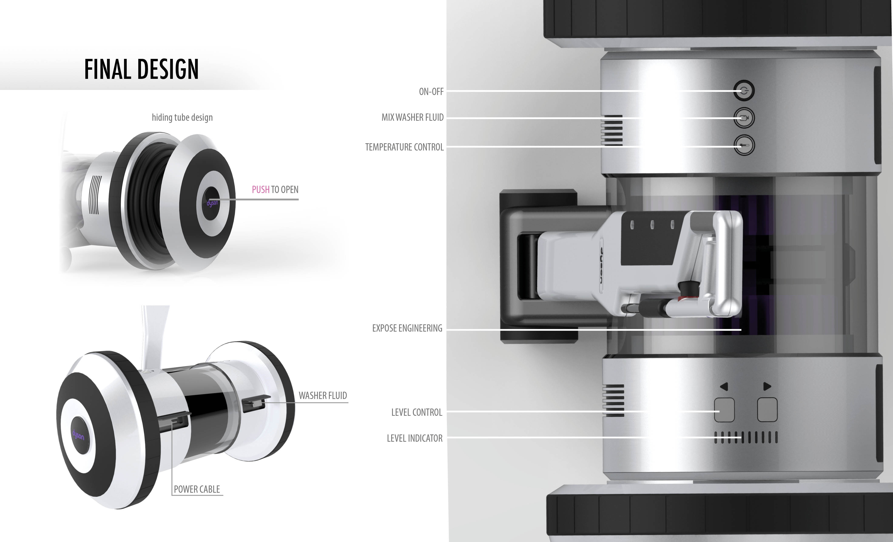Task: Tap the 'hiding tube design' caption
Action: coord(182,117)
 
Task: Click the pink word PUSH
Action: coord(261,189)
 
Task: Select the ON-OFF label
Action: coord(431,92)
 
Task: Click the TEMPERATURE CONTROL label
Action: coord(404,147)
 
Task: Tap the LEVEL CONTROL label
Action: coord(417,412)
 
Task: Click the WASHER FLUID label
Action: coord(323,396)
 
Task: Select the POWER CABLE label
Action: coord(197,489)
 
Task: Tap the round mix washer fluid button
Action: coord(744,118)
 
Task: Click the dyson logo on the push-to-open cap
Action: coord(212,203)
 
